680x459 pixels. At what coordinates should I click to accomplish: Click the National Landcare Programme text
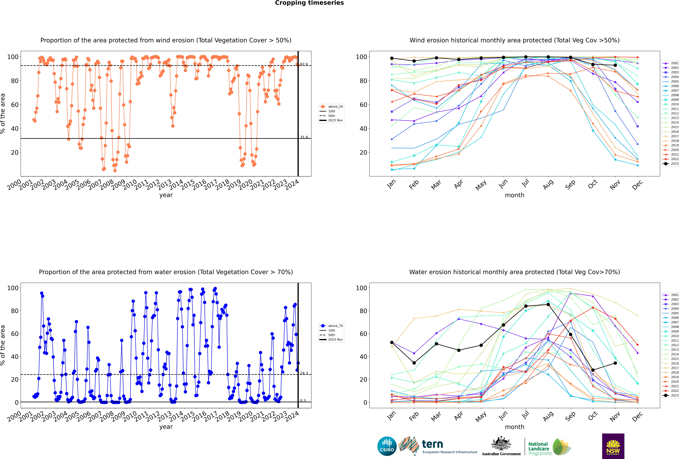point(540,448)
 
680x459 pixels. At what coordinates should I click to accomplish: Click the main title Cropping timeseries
point(309,3)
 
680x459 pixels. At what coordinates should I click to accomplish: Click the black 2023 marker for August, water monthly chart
point(548,304)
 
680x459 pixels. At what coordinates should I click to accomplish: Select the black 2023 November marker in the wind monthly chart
point(615,65)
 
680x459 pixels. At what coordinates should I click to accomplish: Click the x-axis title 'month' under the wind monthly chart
point(515,195)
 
